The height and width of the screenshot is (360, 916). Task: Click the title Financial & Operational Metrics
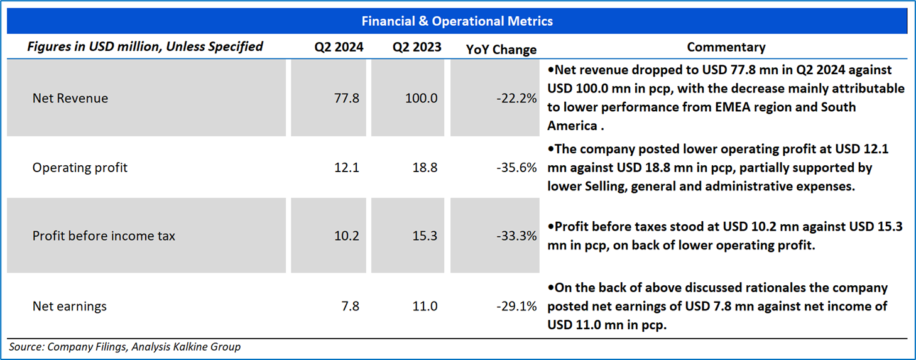[x=457, y=21]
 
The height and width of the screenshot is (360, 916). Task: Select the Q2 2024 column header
[x=339, y=47]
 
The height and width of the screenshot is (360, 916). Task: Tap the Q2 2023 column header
[x=417, y=47]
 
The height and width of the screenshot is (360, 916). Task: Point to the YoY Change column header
[x=501, y=50]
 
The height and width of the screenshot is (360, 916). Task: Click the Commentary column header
[x=726, y=47]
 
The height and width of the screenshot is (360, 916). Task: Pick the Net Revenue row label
[x=70, y=98]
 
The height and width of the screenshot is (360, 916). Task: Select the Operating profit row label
[x=80, y=168]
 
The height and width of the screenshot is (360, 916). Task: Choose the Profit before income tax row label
[x=104, y=236]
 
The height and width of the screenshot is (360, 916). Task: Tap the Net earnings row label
[x=70, y=307]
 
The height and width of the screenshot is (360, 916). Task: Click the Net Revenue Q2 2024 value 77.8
[x=346, y=98]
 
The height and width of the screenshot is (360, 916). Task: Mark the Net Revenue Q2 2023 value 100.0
[x=421, y=98]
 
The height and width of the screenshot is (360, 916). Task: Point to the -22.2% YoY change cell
[x=516, y=98]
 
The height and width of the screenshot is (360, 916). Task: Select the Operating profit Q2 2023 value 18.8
[x=425, y=168]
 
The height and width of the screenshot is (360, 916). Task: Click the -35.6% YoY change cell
[x=516, y=168]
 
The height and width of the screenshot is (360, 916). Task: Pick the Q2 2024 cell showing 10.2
[x=346, y=236]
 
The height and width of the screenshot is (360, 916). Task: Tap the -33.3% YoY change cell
[x=516, y=236]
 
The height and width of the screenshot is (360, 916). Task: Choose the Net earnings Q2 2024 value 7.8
[x=350, y=307]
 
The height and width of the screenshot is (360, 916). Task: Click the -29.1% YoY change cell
[x=516, y=307]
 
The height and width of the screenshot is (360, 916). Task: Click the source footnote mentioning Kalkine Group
[x=125, y=347]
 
